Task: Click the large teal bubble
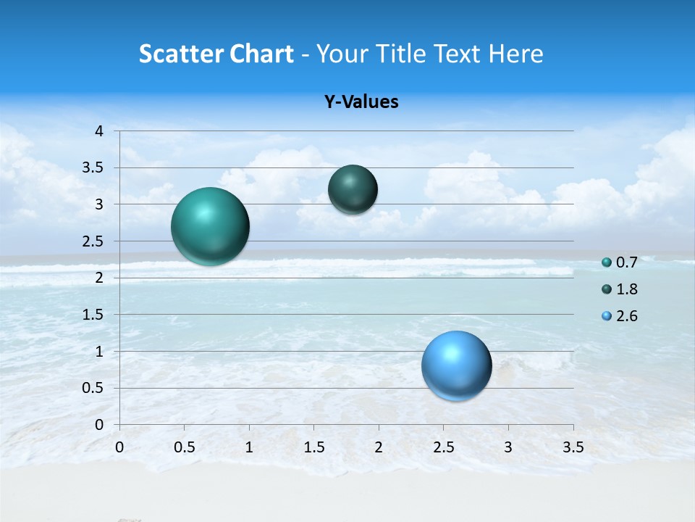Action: (211, 226)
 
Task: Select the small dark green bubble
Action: (353, 190)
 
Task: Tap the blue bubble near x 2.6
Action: (456, 365)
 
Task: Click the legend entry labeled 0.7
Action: (620, 262)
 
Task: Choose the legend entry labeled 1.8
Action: (620, 289)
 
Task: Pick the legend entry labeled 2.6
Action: (620, 316)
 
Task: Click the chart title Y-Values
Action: (361, 102)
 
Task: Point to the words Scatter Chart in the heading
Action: (216, 54)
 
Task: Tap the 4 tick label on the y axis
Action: (99, 131)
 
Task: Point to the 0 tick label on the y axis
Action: (99, 425)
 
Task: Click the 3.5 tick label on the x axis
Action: (573, 447)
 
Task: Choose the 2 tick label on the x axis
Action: (379, 447)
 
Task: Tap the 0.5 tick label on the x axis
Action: (185, 447)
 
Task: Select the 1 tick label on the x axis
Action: (249, 447)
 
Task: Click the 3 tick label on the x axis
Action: (508, 447)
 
